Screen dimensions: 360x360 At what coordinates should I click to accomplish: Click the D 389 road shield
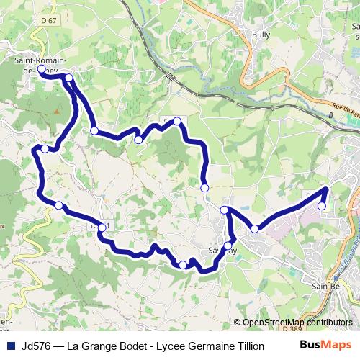[x=290, y=329]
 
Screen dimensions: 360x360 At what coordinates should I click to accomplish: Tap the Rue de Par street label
[x=345, y=109]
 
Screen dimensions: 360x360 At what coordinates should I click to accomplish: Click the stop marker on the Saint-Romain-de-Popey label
[x=41, y=70]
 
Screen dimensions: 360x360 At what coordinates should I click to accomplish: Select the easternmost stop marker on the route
[x=322, y=206]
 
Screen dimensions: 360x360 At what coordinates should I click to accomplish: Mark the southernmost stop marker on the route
[x=183, y=265]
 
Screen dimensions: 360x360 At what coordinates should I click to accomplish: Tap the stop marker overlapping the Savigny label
[x=228, y=247]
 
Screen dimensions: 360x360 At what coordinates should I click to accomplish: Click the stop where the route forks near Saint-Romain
[x=69, y=78]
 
